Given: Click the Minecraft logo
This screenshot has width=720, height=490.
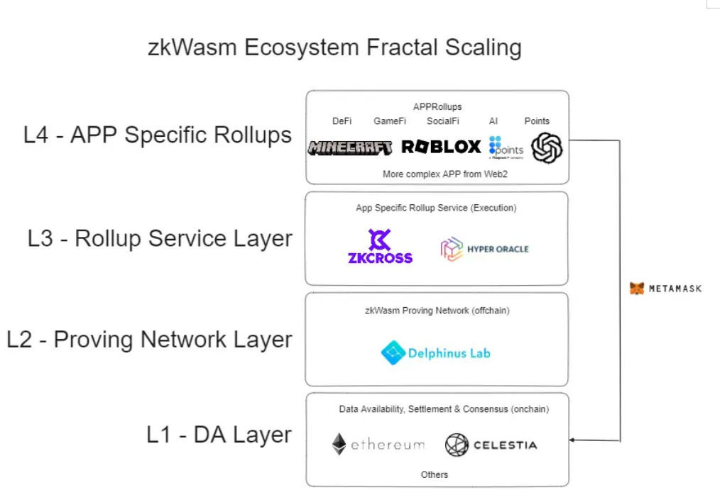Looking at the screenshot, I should (x=350, y=147).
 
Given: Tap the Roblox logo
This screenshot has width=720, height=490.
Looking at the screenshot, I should (x=441, y=147).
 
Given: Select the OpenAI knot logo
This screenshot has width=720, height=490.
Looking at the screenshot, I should (x=547, y=148).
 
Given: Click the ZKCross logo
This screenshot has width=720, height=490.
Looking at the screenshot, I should (x=380, y=246).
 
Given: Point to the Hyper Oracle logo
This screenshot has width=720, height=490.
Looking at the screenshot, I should (x=484, y=250).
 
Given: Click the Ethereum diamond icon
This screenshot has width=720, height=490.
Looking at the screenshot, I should (x=339, y=445).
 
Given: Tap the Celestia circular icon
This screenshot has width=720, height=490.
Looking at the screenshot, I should (x=457, y=445).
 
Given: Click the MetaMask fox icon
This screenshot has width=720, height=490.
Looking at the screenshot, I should (x=638, y=289).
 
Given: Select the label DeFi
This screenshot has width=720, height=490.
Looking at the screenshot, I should (x=342, y=121).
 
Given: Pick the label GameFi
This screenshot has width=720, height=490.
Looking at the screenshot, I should (x=390, y=121).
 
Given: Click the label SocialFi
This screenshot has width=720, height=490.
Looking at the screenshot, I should (x=443, y=121).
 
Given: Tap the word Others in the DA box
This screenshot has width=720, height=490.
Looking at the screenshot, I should (x=435, y=474).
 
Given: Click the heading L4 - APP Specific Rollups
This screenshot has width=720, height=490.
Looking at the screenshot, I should (x=158, y=135).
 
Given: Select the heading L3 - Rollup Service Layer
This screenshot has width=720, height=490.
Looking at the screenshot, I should (x=160, y=238).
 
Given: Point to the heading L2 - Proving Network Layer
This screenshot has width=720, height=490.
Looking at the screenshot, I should (x=149, y=340).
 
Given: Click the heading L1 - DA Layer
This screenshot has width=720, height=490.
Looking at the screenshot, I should (x=219, y=434).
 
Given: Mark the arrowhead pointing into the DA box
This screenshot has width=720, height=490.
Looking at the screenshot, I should (x=573, y=440).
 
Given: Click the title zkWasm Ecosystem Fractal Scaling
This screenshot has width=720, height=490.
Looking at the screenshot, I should (x=334, y=48).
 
